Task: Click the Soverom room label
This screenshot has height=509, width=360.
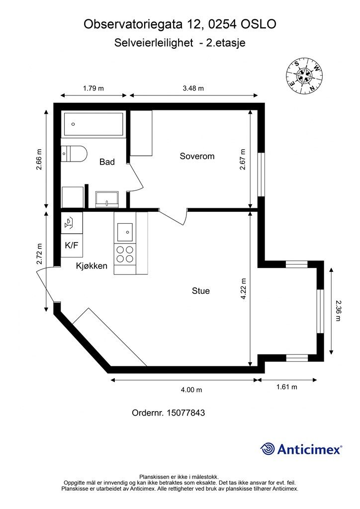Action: [197, 156]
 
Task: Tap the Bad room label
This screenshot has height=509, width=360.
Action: [107, 162]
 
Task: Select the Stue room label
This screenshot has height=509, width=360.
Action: [200, 291]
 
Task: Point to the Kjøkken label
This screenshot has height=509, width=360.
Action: [91, 266]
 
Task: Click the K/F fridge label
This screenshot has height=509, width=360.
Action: [72, 245]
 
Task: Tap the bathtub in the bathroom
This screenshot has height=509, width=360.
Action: [93, 124]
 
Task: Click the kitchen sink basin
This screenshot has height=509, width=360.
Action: [125, 232]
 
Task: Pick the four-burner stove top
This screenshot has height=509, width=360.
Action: [125, 254]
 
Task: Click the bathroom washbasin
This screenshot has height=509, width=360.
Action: [107, 199]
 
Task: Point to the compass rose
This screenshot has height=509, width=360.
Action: [304, 76]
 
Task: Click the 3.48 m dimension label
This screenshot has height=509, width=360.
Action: [193, 88]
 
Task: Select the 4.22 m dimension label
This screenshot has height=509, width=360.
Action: [244, 289]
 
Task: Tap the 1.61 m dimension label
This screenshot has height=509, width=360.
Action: [286, 387]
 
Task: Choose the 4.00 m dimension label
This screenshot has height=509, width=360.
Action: [191, 390]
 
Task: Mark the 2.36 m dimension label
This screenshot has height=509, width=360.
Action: [338, 311]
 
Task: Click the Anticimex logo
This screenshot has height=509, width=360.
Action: [301, 449]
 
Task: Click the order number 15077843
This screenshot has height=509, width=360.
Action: [185, 413]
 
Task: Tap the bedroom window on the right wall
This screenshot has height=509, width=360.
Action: [261, 174]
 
